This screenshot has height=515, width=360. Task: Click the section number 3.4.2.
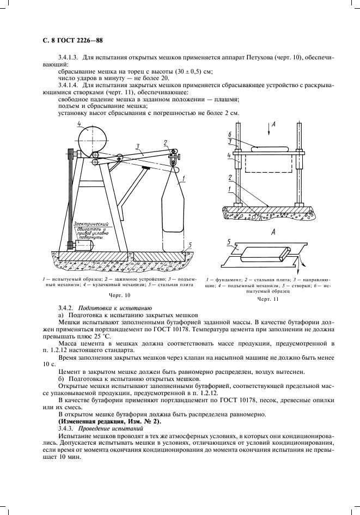click(66, 308)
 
